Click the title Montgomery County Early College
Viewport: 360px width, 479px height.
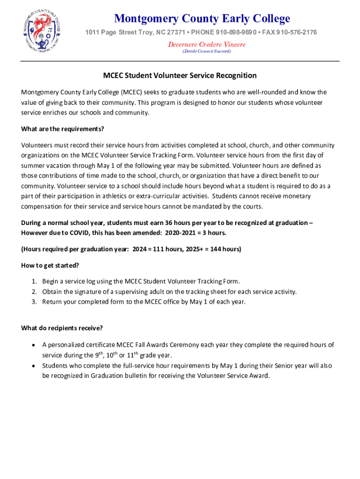[202, 19]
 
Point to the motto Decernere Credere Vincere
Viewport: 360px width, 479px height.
[207, 44]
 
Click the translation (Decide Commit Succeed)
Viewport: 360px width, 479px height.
[207, 51]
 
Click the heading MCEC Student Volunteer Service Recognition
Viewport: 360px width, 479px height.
[180, 75]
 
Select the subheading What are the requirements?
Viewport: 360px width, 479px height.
[63, 129]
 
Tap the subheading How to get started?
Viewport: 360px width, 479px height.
[50, 265]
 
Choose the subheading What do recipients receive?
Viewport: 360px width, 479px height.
[62, 327]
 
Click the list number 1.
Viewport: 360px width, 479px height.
[34, 281]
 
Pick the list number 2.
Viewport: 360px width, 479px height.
[34, 291]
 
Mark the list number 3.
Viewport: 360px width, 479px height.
[34, 302]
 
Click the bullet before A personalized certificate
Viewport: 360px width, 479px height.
[33, 345]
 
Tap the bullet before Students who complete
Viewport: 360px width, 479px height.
[33, 366]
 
